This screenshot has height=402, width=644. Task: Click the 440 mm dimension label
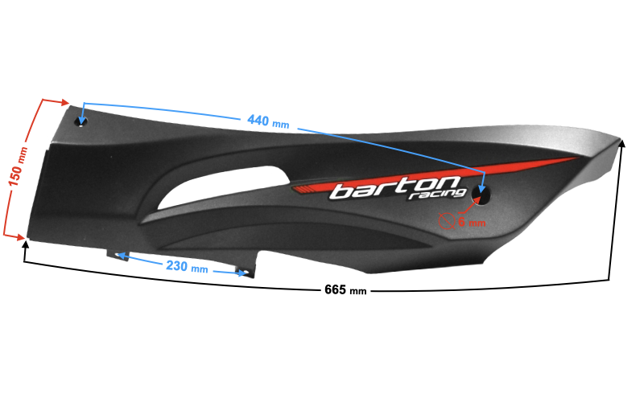[268, 121]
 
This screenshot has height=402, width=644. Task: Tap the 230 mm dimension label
[188, 266]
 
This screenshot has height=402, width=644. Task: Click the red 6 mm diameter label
[471, 221]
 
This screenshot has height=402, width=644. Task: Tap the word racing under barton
[436, 195]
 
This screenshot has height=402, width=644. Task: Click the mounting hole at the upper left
[80, 121]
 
